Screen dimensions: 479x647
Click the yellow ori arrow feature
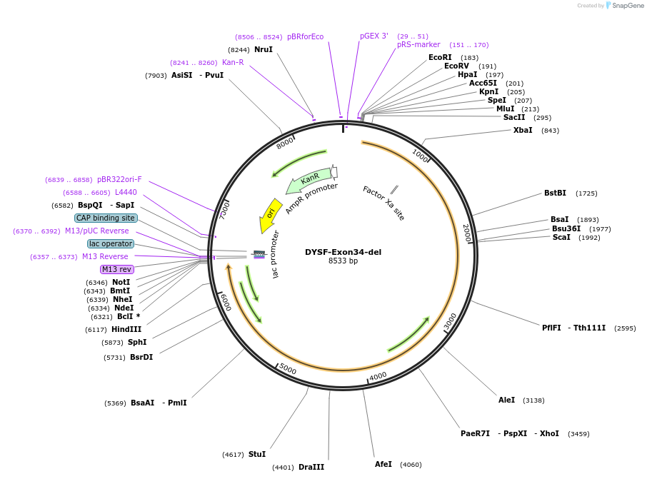pyautogui.click(x=269, y=215)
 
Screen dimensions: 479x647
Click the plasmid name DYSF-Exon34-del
pyautogui.click(x=343, y=252)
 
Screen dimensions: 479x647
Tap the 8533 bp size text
pyautogui.click(x=343, y=261)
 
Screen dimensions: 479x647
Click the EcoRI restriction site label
pyautogui.click(x=440, y=57)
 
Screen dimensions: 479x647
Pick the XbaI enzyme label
pyautogui.click(x=523, y=130)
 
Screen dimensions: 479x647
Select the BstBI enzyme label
pyautogui.click(x=555, y=193)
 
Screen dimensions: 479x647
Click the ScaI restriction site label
pyautogui.click(x=561, y=237)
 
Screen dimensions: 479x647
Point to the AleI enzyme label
pyautogui.click(x=506, y=400)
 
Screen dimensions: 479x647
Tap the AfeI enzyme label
pyautogui.click(x=383, y=464)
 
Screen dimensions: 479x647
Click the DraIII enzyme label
pyautogui.click(x=311, y=467)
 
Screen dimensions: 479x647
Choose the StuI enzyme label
pyautogui.click(x=257, y=454)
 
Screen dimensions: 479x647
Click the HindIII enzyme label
pyautogui.click(x=126, y=329)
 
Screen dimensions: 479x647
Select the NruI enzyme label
pyautogui.click(x=264, y=49)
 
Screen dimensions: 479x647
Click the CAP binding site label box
pyautogui.click(x=106, y=218)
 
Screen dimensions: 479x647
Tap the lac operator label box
pyautogui.click(x=111, y=243)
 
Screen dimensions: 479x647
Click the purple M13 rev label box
pyautogui.click(x=116, y=269)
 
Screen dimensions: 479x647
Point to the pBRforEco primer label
pyautogui.click(x=305, y=36)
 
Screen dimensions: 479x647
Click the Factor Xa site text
pyautogui.click(x=383, y=203)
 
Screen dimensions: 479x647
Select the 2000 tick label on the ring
pyautogui.click(x=466, y=233)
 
